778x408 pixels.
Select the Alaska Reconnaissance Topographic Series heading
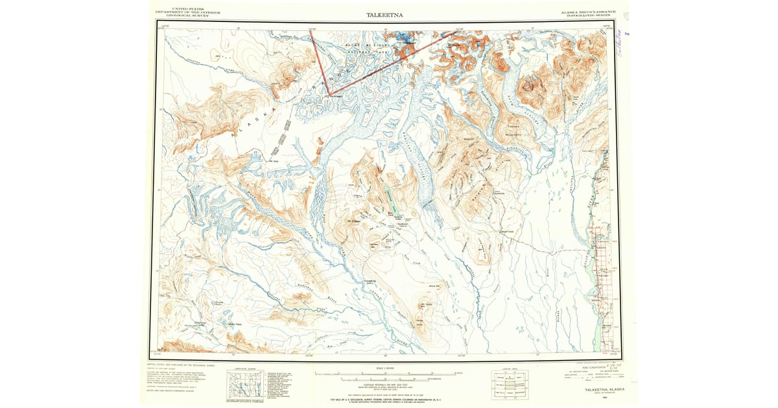[587, 12]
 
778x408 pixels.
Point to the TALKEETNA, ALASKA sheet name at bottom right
[600, 390]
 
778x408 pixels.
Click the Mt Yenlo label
[426, 304]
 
